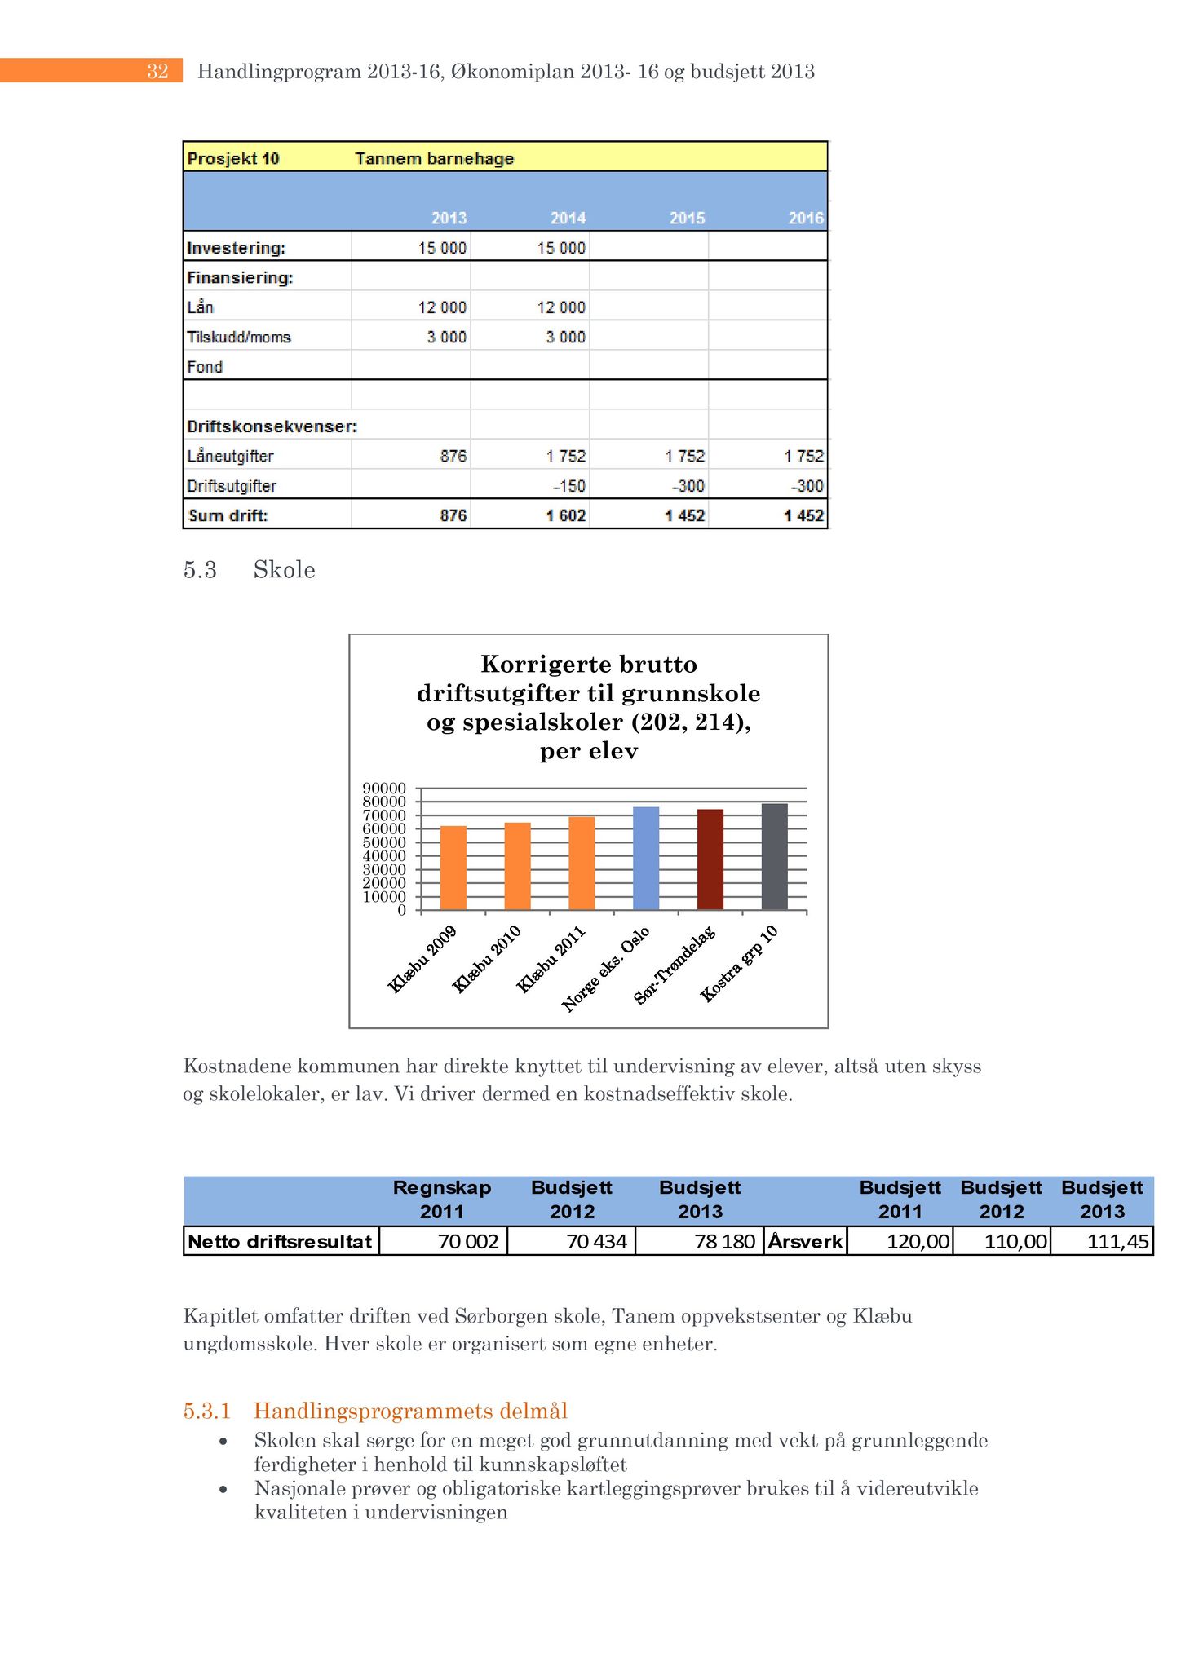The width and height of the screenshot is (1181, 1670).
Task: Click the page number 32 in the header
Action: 157,72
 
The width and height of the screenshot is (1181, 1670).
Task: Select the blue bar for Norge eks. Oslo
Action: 646,858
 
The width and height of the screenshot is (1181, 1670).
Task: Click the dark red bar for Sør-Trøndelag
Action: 710,859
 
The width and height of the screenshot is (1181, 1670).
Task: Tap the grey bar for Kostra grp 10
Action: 775,856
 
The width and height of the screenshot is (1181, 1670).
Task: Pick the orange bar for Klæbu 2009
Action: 453,868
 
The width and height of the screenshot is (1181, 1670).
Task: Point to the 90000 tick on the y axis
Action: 384,789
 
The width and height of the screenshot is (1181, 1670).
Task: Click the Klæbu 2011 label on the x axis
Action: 551,960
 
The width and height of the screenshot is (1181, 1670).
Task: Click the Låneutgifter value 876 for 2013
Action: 453,456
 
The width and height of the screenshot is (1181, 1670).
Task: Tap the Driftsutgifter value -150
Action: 569,486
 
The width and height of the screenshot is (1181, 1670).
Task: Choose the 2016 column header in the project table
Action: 806,218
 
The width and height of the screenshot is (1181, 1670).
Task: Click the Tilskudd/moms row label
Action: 239,337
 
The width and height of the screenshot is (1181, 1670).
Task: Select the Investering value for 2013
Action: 443,248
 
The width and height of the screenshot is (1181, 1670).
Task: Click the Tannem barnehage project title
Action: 434,158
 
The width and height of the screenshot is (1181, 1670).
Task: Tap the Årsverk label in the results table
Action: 805,1241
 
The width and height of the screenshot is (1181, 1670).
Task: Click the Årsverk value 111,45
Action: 1118,1241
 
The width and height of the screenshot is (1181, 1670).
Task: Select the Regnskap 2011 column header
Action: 442,1199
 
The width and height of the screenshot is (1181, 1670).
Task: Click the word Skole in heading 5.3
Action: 284,569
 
